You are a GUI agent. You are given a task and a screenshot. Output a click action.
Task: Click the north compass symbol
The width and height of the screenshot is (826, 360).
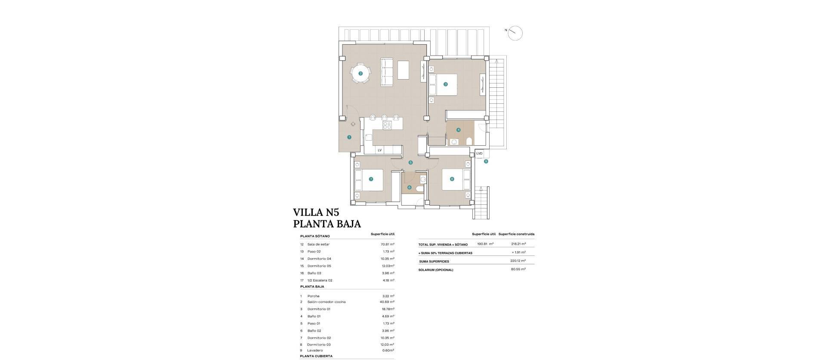515,33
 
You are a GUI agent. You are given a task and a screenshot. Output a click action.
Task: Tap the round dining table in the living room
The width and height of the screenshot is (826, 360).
361,74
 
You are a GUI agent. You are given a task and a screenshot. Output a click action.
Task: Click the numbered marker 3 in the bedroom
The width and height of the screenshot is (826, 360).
446,84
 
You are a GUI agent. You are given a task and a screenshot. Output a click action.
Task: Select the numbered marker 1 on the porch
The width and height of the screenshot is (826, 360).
349,138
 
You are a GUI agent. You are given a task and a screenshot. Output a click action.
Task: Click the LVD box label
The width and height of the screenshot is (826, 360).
479,154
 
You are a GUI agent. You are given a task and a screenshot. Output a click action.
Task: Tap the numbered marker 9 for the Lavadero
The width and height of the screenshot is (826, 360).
486,162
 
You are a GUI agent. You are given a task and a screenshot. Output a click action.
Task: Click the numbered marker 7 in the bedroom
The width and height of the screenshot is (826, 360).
370,179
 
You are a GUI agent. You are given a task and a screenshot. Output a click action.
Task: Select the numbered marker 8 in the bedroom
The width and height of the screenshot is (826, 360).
452,179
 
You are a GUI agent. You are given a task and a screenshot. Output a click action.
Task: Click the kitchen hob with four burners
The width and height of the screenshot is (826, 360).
86,126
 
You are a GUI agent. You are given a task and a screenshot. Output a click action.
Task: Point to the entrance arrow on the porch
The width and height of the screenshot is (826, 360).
353,124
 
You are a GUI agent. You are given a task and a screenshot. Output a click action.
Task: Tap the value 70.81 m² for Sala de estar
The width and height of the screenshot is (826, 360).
387,244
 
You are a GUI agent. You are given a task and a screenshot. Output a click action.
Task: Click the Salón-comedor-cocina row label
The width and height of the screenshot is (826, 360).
326,302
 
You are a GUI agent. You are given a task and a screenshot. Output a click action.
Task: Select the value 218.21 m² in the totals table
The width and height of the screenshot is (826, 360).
517,244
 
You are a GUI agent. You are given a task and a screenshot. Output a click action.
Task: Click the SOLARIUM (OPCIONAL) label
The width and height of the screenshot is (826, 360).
436,270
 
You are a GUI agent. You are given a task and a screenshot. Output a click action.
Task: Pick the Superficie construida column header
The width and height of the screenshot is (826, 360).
516,234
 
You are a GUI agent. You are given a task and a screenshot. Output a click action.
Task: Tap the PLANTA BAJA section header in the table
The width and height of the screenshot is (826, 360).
312,286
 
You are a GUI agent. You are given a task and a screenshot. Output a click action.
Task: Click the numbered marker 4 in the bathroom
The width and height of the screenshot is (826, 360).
459,130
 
